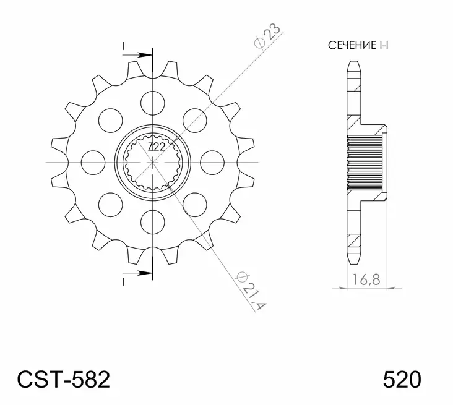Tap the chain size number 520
tap(403, 378)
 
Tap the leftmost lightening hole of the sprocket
tap(91, 160)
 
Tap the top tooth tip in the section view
tap(354, 64)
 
